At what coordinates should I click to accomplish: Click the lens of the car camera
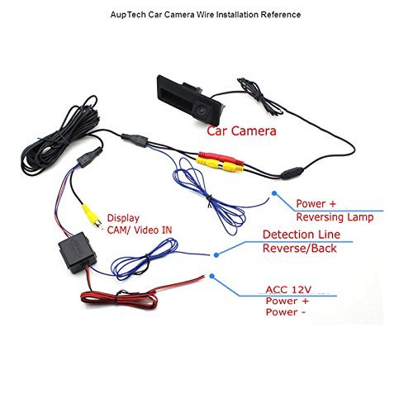201,111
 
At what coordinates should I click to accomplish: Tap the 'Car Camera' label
241,131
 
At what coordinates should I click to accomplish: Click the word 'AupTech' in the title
128,14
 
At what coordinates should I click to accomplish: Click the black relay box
77,253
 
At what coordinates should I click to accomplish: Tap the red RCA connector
221,159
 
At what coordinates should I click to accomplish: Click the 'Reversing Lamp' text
335,217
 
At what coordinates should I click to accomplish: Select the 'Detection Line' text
301,235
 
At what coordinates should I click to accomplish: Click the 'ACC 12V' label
288,290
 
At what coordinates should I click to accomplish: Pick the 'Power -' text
286,312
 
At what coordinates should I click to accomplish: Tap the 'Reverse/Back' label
300,249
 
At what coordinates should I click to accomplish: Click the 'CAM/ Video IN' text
140,230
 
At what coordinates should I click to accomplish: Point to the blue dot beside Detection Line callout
216,255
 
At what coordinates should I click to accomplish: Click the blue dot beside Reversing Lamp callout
274,193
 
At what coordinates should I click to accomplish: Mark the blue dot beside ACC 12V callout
211,276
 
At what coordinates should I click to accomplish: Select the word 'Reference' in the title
281,14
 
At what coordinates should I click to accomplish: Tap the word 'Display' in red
123,218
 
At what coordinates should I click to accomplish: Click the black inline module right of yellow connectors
292,173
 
